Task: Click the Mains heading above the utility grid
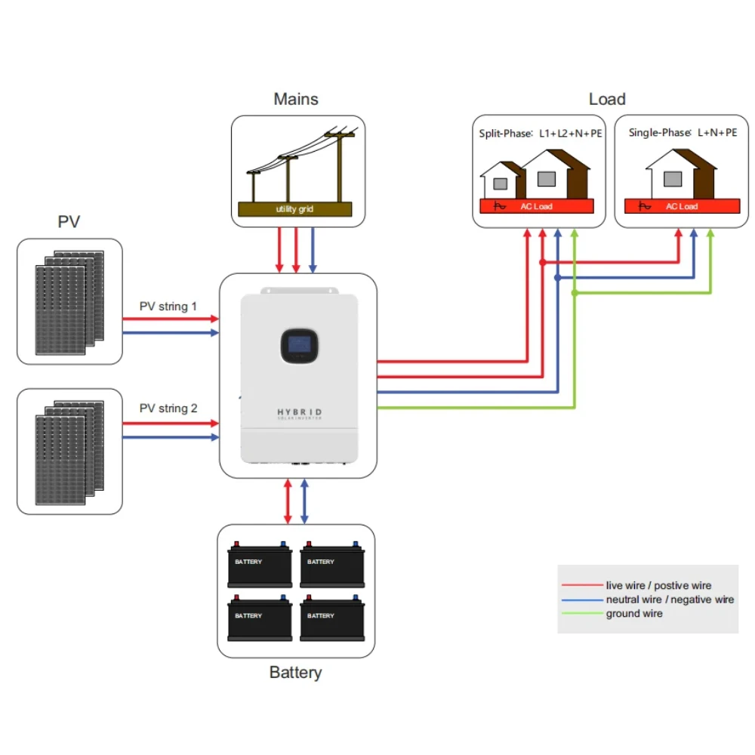pos(296,99)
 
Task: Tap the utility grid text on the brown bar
pos(294,209)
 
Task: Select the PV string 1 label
pos(168,307)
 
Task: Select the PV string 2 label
pos(168,408)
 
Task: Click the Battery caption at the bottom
pos(295,672)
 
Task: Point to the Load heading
pos(607,99)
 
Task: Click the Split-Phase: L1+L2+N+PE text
pos(541,134)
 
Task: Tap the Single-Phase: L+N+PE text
pos(683,133)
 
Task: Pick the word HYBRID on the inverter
pos(300,412)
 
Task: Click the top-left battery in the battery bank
pos(260,564)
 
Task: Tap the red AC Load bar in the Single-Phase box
pos(682,206)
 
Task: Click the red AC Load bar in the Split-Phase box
pos(537,206)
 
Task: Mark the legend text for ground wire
pos(634,614)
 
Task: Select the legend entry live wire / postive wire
pos(658,585)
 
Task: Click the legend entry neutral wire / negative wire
pos(670,599)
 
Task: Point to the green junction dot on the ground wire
pos(575,293)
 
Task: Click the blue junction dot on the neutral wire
pos(557,278)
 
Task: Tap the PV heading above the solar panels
pos(69,221)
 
